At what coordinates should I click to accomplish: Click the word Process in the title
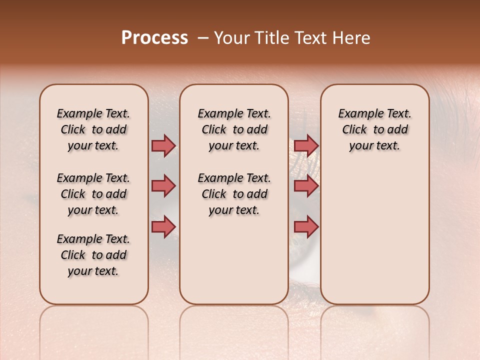coord(154,37)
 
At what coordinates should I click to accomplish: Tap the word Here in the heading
coord(352,38)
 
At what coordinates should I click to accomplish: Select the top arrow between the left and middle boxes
coord(163,145)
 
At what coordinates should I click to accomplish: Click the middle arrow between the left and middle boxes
coord(163,186)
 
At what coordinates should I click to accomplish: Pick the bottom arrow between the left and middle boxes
coord(163,226)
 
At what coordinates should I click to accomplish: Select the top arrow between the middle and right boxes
coord(306,145)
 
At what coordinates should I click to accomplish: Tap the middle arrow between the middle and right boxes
coord(306,186)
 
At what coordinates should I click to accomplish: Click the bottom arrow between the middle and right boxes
coord(306,226)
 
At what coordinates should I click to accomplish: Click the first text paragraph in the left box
coord(93,129)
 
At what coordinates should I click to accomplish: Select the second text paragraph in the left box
coord(93,194)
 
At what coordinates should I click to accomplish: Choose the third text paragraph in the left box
coord(93,255)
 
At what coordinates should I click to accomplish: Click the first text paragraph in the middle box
coord(234,129)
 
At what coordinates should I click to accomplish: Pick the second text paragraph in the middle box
coord(234,194)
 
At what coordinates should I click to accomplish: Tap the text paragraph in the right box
coord(374,129)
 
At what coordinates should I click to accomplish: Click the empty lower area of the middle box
coord(234,260)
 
